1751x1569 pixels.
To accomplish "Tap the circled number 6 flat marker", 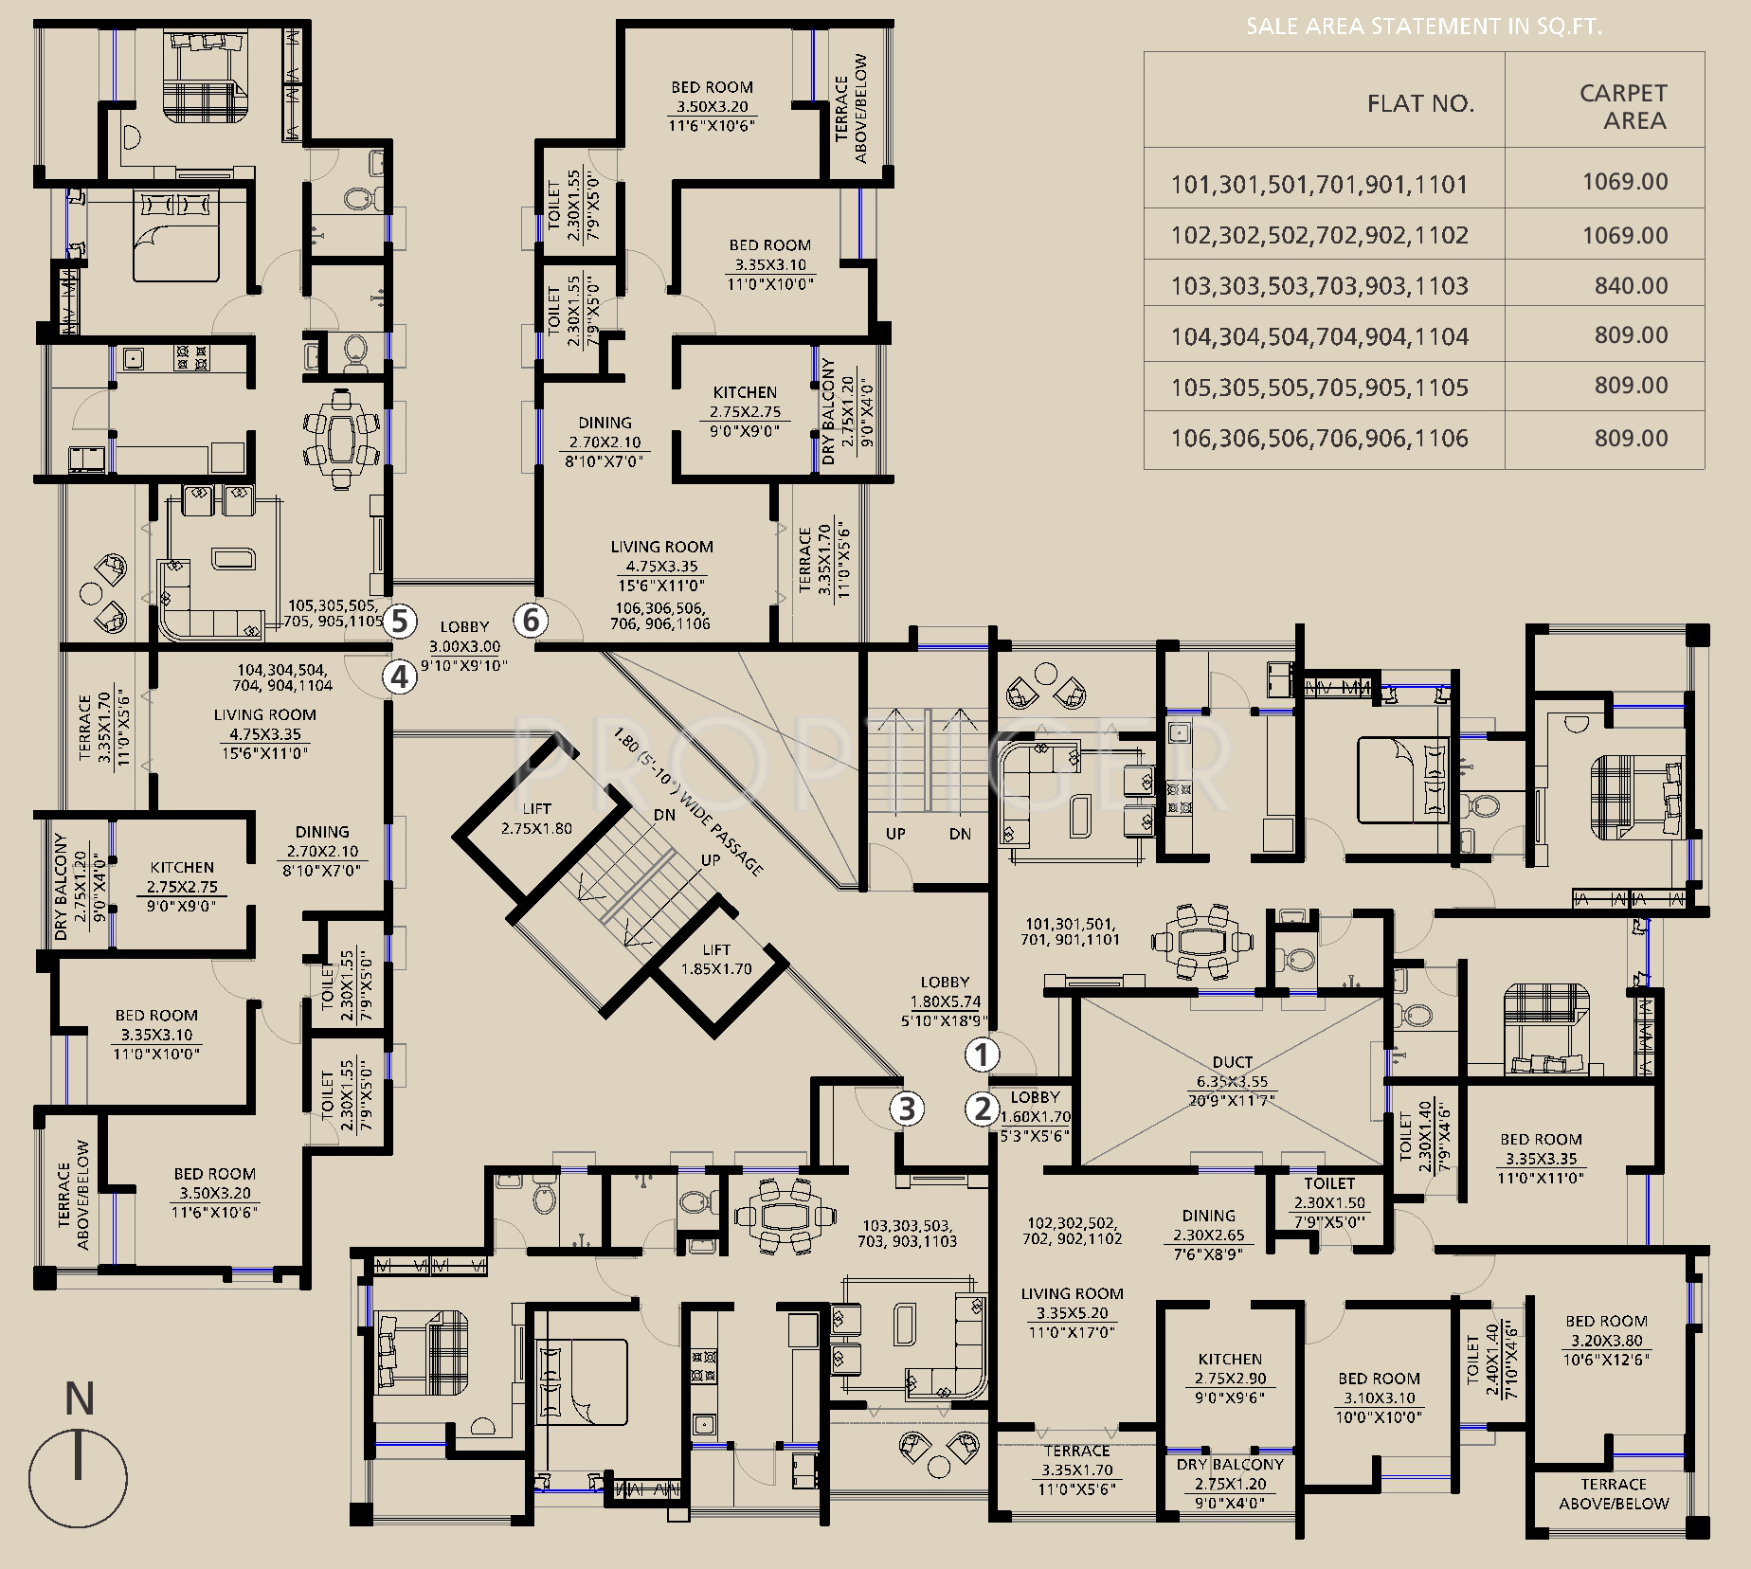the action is click(532, 621).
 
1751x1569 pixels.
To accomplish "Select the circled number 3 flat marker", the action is click(907, 1109).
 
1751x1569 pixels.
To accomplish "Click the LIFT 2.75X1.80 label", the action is click(536, 819).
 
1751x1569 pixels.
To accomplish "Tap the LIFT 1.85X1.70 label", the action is click(716, 959).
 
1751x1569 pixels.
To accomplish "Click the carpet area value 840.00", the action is click(1631, 285).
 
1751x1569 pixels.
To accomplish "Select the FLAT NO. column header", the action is click(1420, 103).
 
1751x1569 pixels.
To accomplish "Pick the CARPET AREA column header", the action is click(1623, 106).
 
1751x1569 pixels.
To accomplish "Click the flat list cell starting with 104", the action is click(1320, 336).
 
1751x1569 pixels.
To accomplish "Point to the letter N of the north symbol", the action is click(80, 1399).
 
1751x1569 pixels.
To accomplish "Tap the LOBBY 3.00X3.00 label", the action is click(464, 646).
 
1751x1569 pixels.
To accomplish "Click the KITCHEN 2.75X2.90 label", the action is click(1230, 1378).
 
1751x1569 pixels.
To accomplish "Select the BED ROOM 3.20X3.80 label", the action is click(1606, 1340).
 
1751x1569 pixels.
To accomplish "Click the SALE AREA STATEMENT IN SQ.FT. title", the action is click(1423, 27).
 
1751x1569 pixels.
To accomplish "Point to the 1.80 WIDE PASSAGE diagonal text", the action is click(687, 802).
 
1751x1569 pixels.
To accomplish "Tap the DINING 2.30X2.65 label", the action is click(1208, 1235).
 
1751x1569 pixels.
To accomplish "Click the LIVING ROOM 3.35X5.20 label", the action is click(1072, 1313).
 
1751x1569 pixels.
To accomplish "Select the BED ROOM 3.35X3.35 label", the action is click(1541, 1158).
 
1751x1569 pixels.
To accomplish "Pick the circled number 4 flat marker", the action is click(400, 676).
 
